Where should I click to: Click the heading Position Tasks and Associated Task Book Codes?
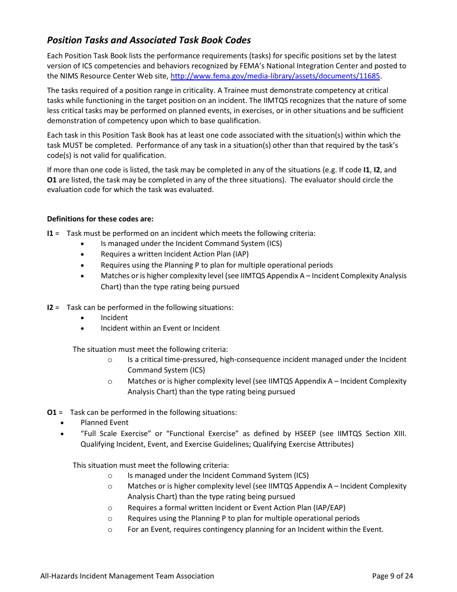tap(149, 40)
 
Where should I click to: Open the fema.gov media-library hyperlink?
tap(275, 76)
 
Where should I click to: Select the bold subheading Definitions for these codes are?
tap(100, 219)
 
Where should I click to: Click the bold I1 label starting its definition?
tap(50, 233)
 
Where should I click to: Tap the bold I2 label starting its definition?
tap(50, 308)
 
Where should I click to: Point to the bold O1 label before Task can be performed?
tap(51, 412)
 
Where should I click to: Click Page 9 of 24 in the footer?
tap(393, 576)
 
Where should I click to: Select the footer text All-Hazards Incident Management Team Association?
tap(127, 576)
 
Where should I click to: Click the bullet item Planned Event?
tap(104, 423)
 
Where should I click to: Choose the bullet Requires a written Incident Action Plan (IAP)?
tap(175, 254)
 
